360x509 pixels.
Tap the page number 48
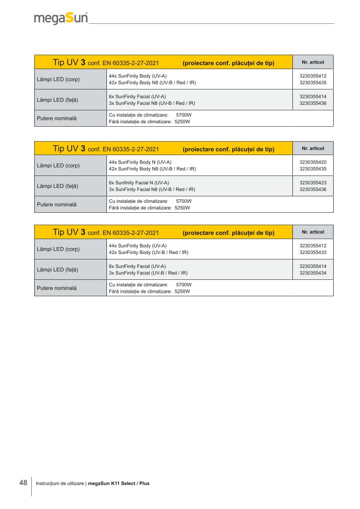point(23,483)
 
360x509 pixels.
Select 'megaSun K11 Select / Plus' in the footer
point(118,483)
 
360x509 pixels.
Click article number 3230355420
point(313,162)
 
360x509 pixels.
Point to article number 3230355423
point(313,182)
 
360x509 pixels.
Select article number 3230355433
point(313,253)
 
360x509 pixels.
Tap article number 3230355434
point(313,273)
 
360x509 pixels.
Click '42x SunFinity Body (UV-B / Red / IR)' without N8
point(148,253)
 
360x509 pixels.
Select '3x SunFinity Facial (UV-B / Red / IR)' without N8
point(148,273)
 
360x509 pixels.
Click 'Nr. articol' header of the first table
point(313,62)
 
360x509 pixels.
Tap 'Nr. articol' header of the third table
point(313,232)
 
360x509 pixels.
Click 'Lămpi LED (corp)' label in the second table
point(58,165)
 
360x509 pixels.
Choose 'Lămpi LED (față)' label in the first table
point(58,99)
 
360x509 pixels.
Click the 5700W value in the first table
point(184,115)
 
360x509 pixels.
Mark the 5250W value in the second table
point(182,208)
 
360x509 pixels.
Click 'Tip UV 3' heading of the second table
point(70,148)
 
